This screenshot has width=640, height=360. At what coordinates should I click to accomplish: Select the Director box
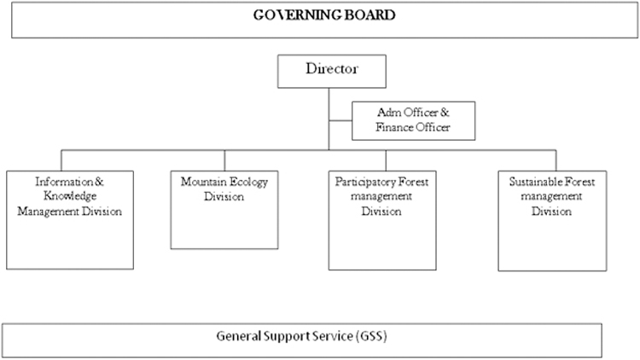click(x=332, y=72)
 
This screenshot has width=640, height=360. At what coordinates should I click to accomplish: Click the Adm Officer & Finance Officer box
click(x=414, y=121)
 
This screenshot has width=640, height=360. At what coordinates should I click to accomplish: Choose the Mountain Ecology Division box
click(x=224, y=210)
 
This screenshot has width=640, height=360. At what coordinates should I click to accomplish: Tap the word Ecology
click(x=249, y=182)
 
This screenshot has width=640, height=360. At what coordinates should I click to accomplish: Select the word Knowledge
click(x=70, y=196)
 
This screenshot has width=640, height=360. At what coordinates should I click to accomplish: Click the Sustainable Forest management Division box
click(x=552, y=221)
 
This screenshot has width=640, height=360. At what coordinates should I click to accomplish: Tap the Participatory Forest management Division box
click(x=382, y=220)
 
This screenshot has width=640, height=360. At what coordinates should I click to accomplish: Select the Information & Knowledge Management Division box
click(x=70, y=220)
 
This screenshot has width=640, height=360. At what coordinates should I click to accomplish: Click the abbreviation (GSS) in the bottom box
click(x=371, y=336)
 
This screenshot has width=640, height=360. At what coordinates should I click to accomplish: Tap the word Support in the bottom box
click(x=287, y=337)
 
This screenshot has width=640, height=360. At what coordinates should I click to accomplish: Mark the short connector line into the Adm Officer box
click(x=340, y=120)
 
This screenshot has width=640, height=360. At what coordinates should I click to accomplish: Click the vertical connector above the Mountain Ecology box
click(x=224, y=160)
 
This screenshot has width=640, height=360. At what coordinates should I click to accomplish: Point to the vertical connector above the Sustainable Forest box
click(x=556, y=160)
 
